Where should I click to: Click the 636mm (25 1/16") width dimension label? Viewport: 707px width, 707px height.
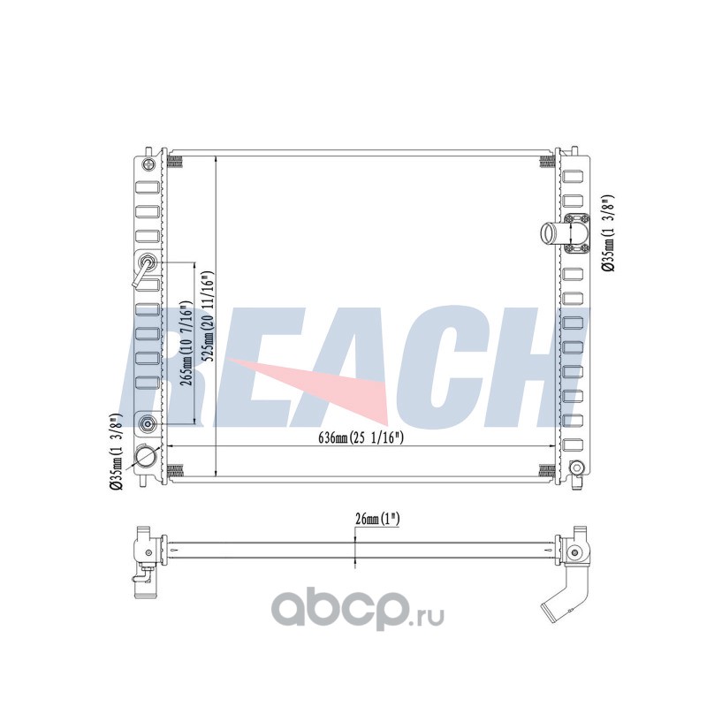[361, 437]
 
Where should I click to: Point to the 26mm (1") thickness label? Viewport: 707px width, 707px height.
[377, 519]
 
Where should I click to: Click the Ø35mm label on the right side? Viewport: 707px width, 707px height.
[608, 233]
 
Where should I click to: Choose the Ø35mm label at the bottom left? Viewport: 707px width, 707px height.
[116, 452]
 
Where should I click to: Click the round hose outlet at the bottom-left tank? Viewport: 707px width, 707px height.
[146, 459]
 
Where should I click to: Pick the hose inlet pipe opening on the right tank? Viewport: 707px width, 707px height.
[550, 233]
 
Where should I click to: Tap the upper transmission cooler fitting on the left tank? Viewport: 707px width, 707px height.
[148, 262]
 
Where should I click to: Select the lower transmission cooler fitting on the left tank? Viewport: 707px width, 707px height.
[148, 423]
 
